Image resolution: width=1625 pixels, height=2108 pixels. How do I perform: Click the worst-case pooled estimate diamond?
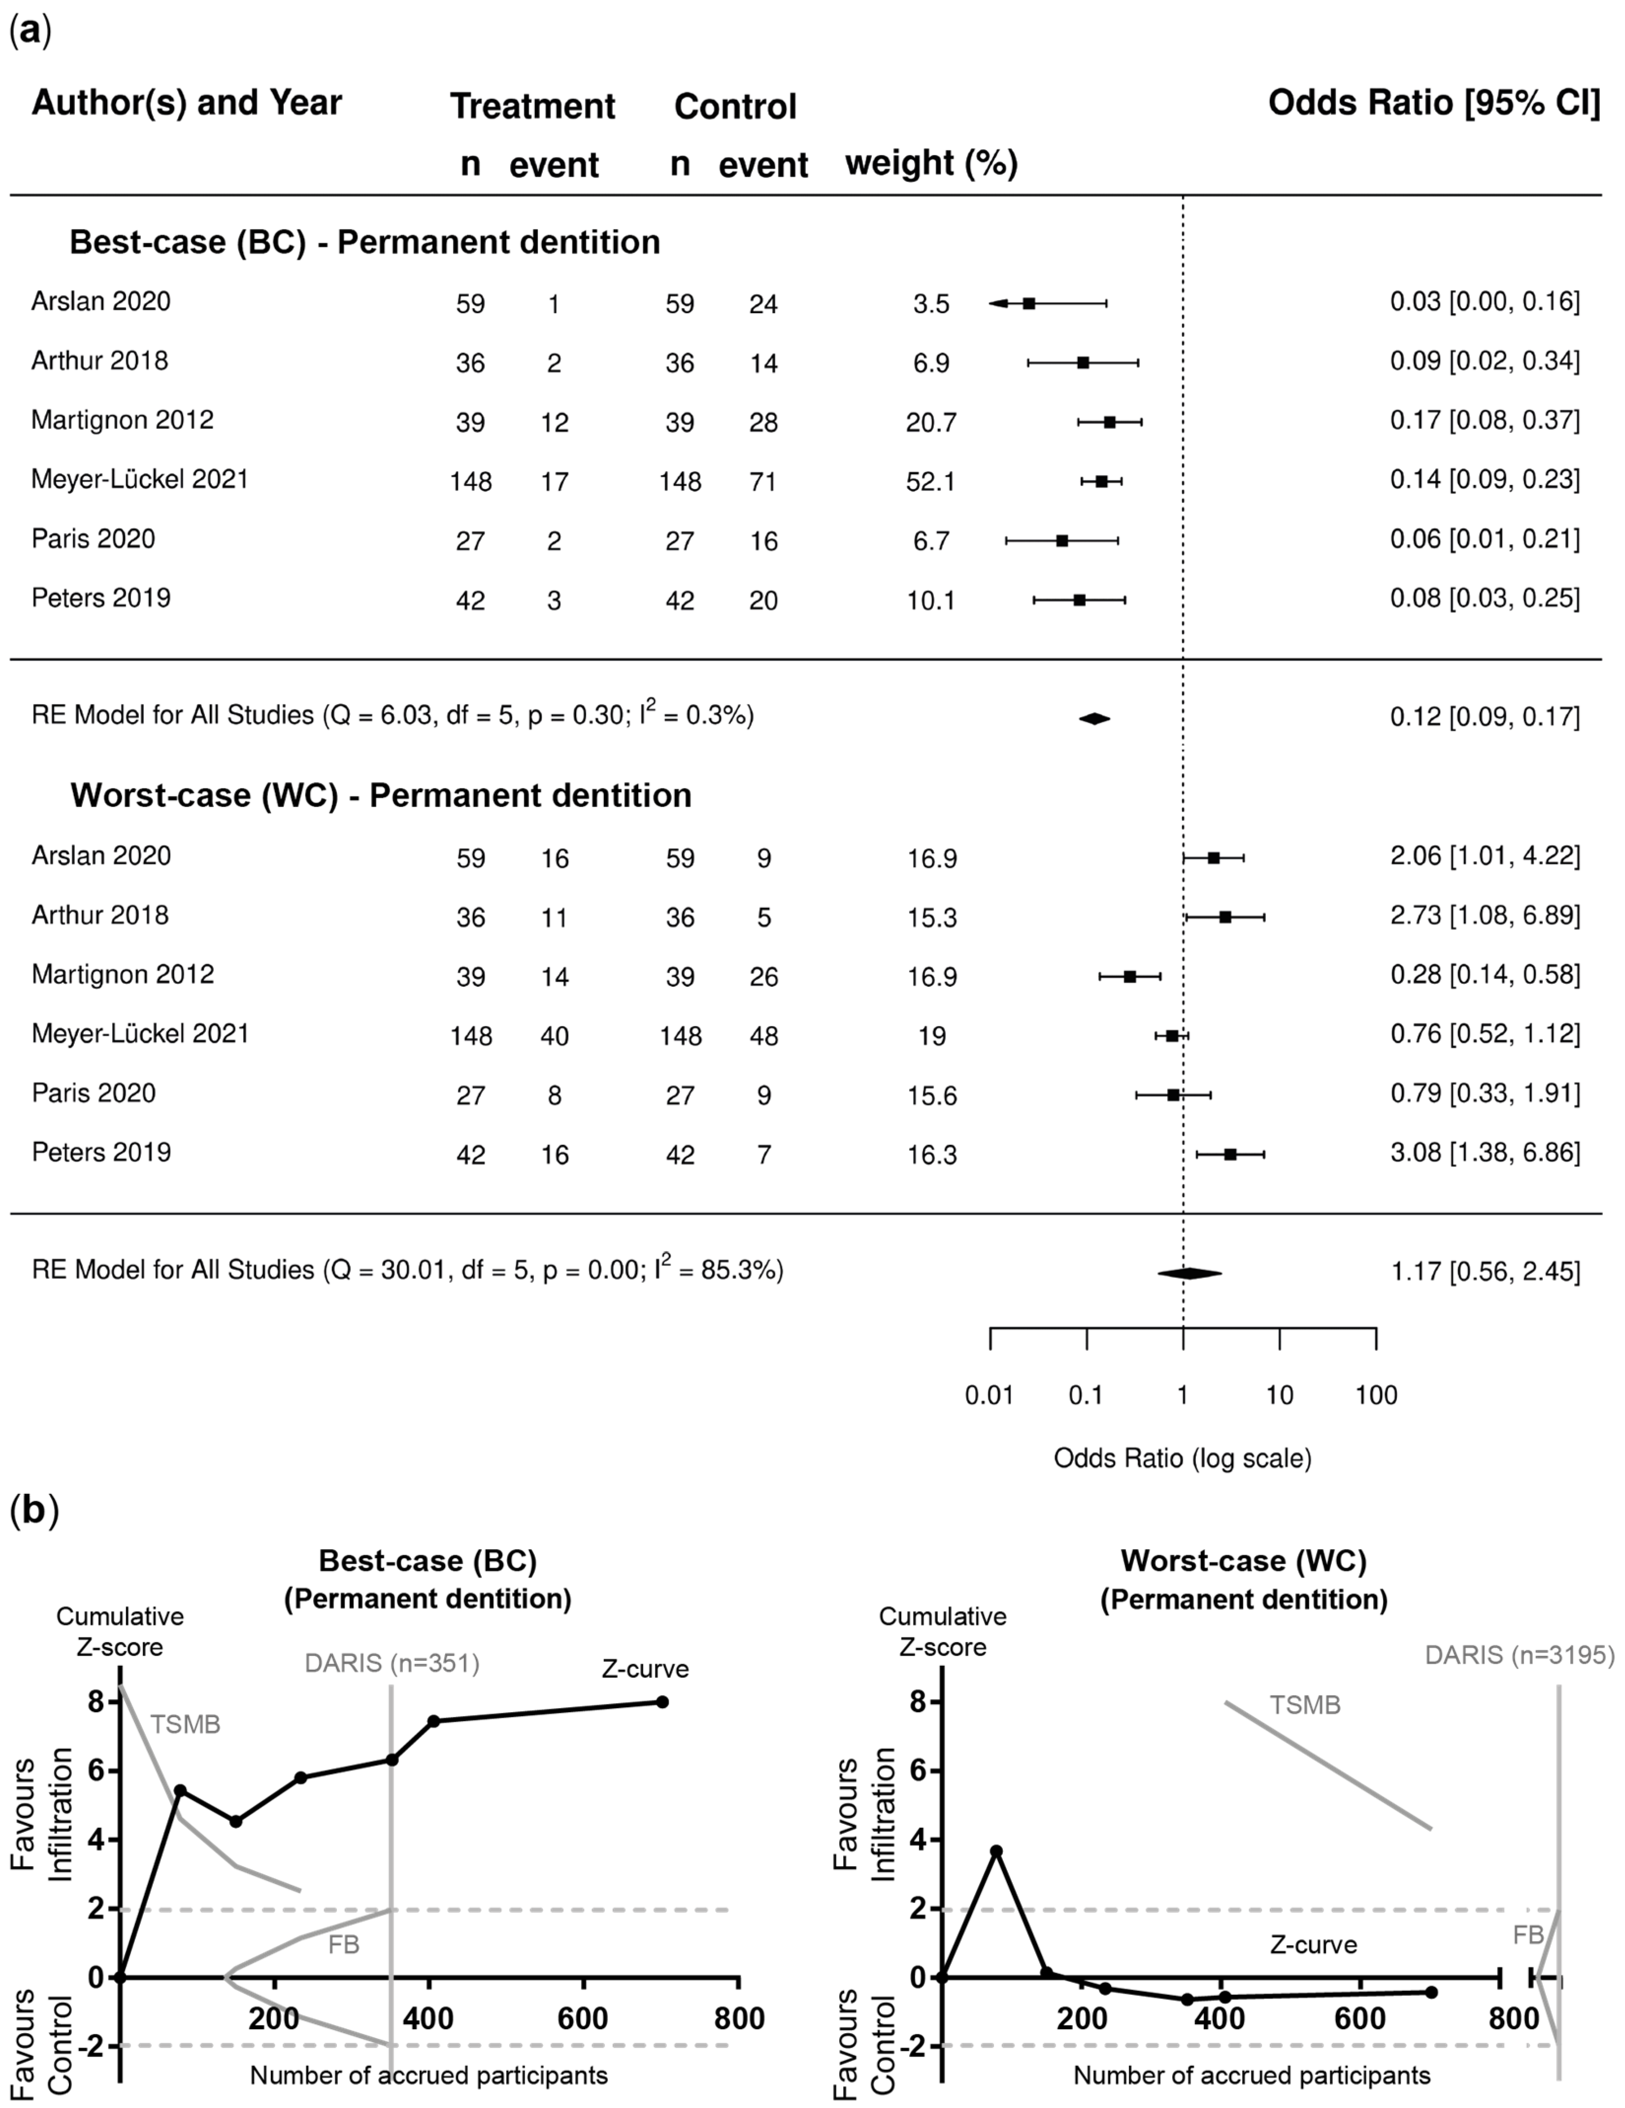tap(1190, 1273)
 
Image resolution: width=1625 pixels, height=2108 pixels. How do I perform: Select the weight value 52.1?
tap(931, 481)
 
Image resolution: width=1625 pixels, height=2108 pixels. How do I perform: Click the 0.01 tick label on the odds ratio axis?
tap(990, 1395)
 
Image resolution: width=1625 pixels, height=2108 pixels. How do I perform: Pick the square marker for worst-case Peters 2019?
tap(1230, 1154)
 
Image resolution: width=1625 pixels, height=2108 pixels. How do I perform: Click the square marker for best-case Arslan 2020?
tap(1029, 303)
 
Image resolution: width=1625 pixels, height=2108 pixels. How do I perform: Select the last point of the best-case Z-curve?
tap(663, 1702)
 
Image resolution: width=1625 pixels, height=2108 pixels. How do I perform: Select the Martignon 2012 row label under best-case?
tap(123, 420)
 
